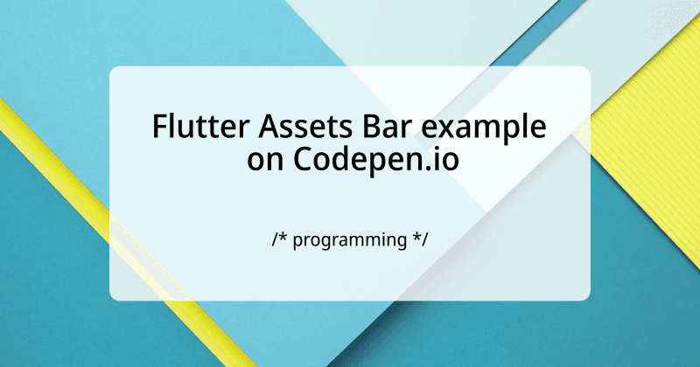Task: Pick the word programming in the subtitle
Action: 349,239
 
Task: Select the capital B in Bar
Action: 349,128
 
